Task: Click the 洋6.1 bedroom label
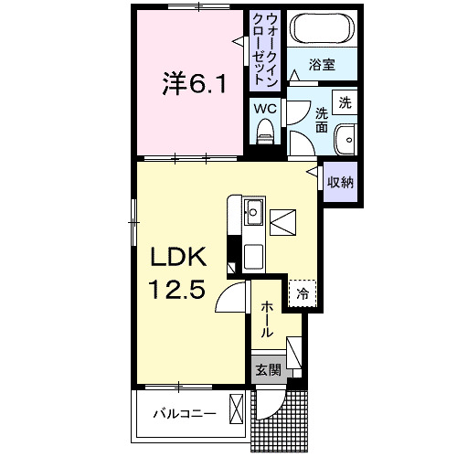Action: pos(195,83)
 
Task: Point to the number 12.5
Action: pos(176,289)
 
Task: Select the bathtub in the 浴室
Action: pos(322,29)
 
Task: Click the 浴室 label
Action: pos(322,65)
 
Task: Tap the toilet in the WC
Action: pos(265,132)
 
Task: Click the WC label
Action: pos(265,109)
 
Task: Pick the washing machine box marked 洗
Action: pos(345,102)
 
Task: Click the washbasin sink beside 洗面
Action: pos(345,140)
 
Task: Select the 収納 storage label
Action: pos(340,182)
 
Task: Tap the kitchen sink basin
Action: pos(253,212)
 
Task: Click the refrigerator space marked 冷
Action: pos(303,293)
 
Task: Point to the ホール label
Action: pos(266,319)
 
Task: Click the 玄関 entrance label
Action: pos(268,370)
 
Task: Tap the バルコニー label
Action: pos(185,414)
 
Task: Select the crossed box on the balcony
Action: pos(236,409)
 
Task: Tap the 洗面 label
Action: pos(322,121)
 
